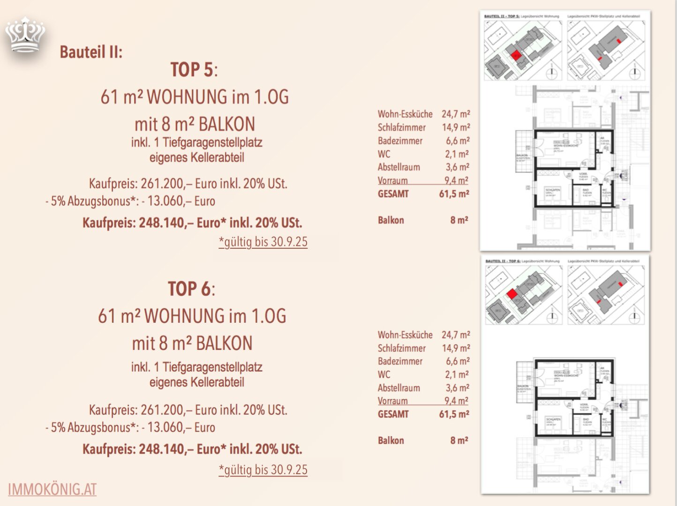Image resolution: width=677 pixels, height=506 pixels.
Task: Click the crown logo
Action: point(25,35)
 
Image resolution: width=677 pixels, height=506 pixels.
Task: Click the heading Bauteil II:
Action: point(91,52)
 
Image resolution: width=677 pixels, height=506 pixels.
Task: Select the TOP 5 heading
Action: point(194,70)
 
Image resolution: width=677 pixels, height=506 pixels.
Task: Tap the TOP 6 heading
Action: point(191,289)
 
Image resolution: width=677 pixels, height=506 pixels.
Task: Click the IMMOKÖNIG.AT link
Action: point(52,489)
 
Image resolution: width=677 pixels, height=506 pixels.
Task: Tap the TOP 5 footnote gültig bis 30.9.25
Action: point(263,242)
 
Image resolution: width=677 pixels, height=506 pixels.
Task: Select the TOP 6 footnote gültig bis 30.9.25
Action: point(263,470)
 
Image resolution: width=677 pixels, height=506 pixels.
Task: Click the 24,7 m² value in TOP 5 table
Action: point(455,114)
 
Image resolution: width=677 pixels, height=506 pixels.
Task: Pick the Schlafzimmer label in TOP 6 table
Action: point(402,348)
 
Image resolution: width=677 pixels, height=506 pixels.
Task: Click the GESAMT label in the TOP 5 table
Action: point(393,194)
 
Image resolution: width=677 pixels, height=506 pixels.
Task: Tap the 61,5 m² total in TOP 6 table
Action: point(454,414)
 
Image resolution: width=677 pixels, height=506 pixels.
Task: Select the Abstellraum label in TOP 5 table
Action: point(399,167)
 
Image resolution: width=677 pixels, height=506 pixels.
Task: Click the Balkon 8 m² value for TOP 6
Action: point(459,440)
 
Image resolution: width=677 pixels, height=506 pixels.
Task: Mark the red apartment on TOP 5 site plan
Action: point(515,55)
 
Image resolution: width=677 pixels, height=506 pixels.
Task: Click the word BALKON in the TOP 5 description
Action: point(227,125)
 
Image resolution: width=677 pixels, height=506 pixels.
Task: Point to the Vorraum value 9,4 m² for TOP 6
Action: point(456,401)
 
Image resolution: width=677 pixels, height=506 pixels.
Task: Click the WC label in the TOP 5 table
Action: point(384,154)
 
